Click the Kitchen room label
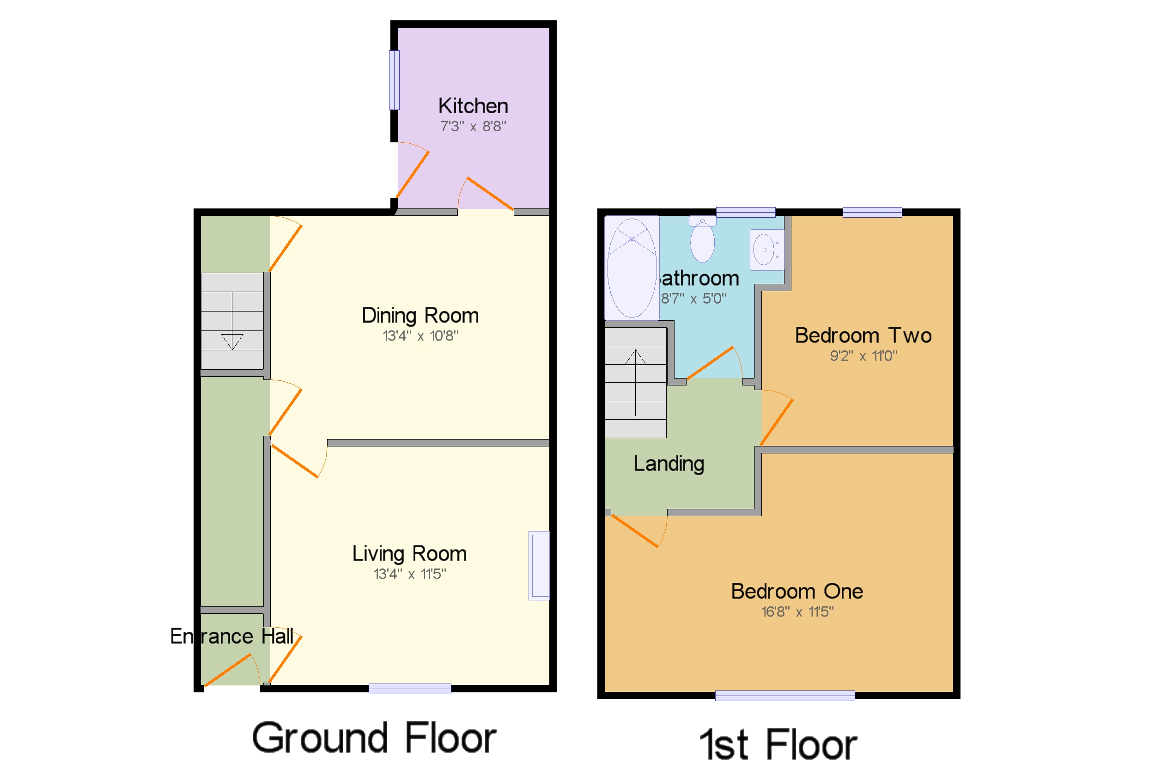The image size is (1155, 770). (x=473, y=106)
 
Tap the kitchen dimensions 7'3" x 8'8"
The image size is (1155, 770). (x=473, y=127)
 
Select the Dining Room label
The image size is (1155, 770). (x=419, y=315)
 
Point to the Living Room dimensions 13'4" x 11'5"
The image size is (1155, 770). (x=409, y=574)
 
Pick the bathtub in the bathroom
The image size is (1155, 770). (x=631, y=268)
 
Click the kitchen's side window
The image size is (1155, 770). (x=394, y=80)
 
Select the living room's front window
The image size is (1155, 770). (x=409, y=689)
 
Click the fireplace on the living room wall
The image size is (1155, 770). (x=540, y=565)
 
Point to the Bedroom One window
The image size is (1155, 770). (x=784, y=695)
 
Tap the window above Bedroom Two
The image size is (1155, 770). (x=872, y=212)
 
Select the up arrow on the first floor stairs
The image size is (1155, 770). (x=635, y=358)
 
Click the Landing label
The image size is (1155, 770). (x=669, y=464)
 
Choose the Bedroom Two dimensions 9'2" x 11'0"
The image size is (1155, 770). (x=863, y=356)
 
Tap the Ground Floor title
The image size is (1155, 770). (x=374, y=738)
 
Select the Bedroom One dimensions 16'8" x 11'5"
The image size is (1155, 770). (x=796, y=612)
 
